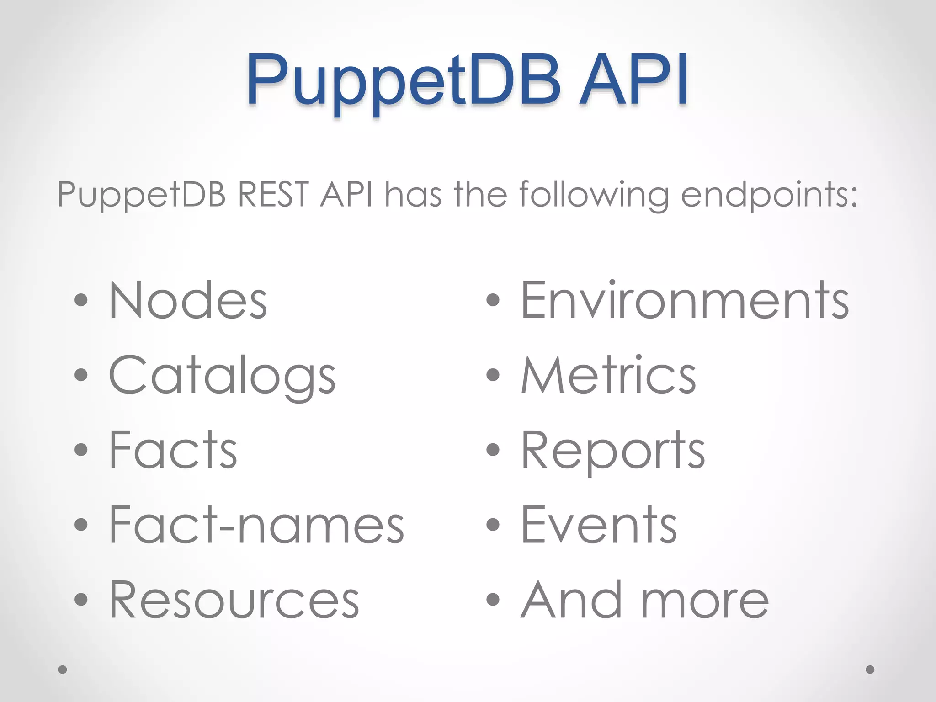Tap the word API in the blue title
pyautogui.click(x=634, y=80)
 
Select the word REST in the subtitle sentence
pyautogui.click(x=273, y=195)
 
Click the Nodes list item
pyautogui.click(x=188, y=300)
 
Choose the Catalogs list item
pyautogui.click(x=222, y=375)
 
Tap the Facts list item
pyautogui.click(x=173, y=450)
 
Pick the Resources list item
pyautogui.click(x=234, y=600)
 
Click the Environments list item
pyautogui.click(x=684, y=300)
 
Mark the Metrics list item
pyautogui.click(x=608, y=375)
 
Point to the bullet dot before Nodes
pyautogui.click(x=81, y=300)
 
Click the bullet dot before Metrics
pyautogui.click(x=493, y=375)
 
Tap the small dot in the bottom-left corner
pyautogui.click(x=63, y=670)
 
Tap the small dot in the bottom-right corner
pyautogui.click(x=870, y=670)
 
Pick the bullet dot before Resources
pyautogui.click(x=81, y=599)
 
